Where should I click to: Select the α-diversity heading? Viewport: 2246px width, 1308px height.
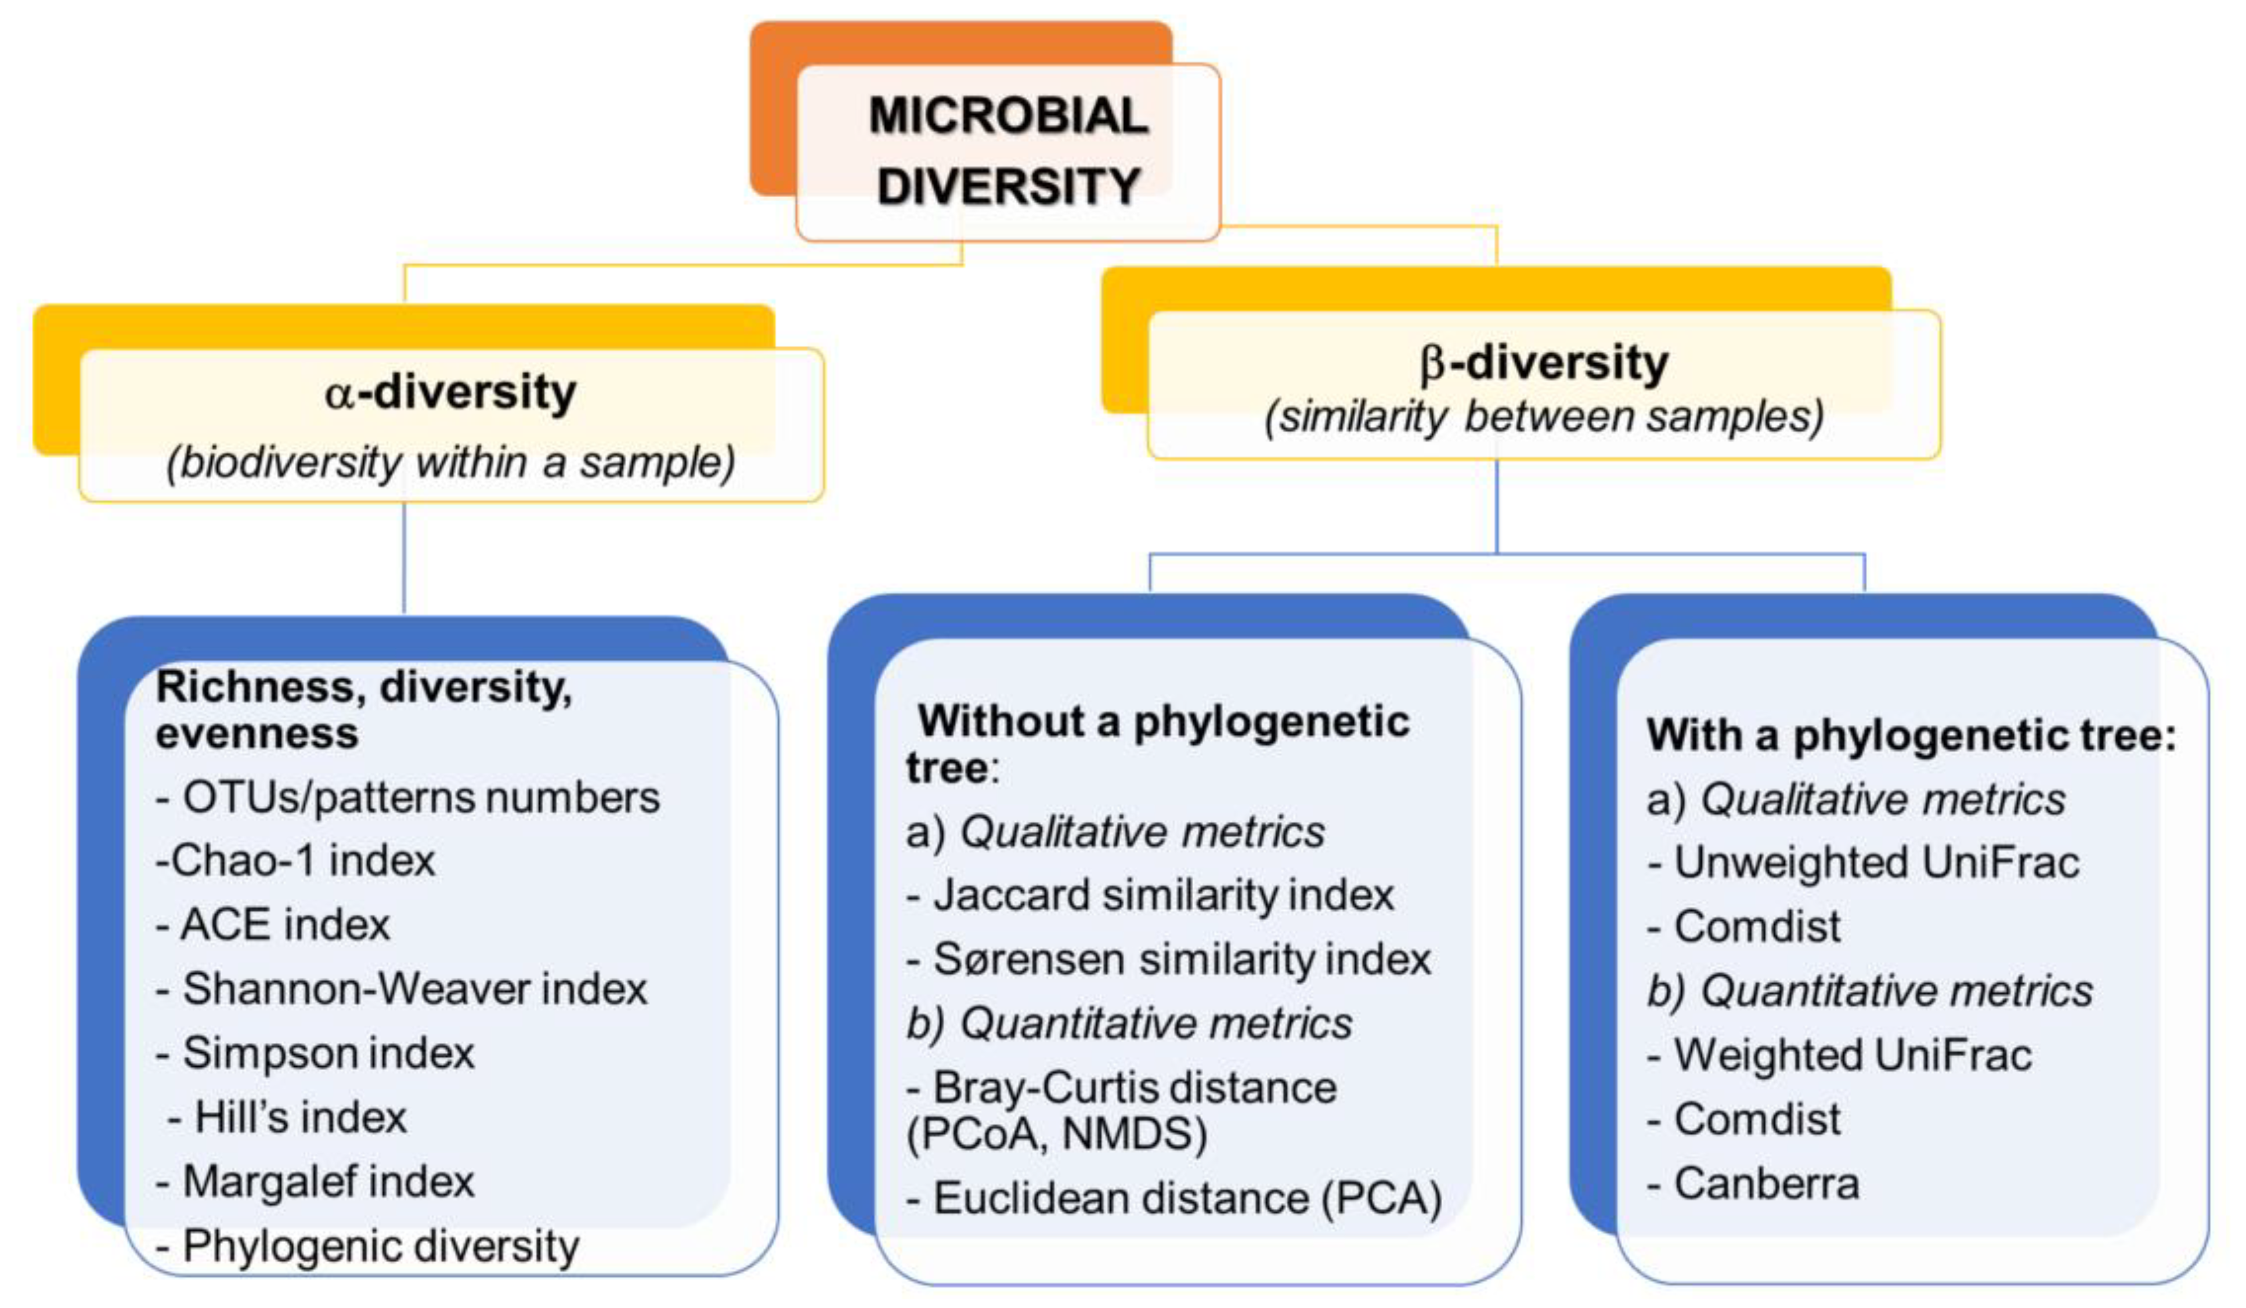coord(451,392)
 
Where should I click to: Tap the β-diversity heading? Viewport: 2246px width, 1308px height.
coord(1544,363)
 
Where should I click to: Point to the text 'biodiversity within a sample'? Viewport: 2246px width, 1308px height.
coord(451,462)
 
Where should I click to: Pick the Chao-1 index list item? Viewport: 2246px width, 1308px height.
coord(295,861)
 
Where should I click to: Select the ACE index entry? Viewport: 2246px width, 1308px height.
coord(273,925)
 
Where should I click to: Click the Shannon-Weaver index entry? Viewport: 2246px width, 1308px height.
coord(401,989)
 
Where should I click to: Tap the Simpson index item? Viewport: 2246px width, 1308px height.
coord(315,1053)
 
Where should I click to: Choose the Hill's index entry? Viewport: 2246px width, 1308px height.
coord(287,1117)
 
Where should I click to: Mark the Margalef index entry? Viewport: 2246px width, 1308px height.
coord(315,1182)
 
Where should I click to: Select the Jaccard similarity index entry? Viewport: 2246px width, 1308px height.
coord(1150,894)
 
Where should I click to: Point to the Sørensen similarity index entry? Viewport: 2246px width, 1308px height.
coord(1168,959)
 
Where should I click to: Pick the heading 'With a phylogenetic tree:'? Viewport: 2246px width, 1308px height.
coord(1911,735)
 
